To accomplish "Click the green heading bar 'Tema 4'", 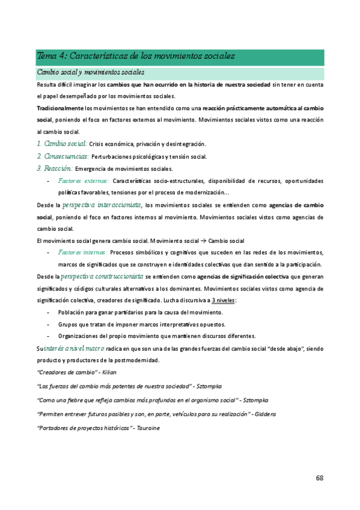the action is [180, 57].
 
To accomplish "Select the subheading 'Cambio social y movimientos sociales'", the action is [91, 73].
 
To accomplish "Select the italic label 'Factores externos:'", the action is [83, 180].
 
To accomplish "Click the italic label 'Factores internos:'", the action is [83, 252].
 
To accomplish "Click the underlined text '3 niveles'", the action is [222, 300].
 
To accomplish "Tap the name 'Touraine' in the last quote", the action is [147, 428].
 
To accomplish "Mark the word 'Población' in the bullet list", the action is [72, 312].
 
